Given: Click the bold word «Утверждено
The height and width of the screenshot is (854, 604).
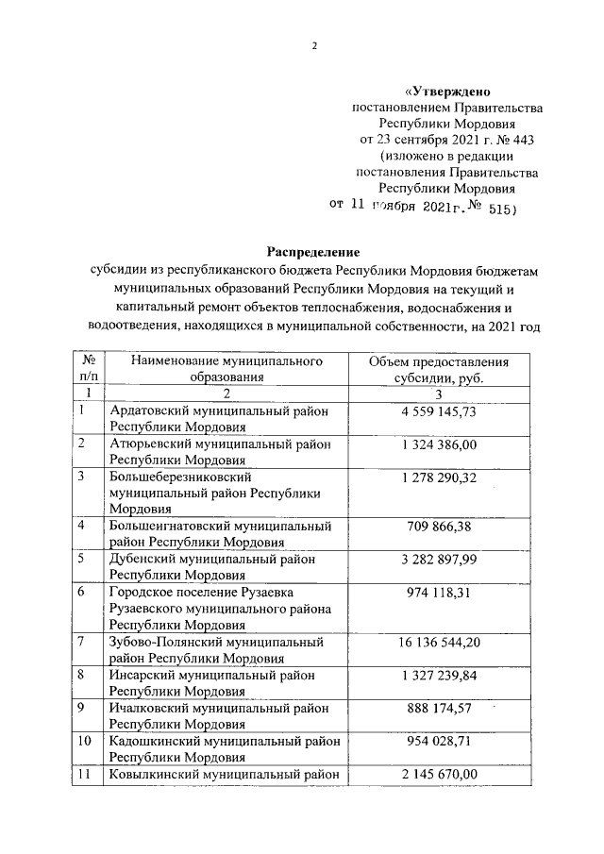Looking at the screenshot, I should pos(448,92).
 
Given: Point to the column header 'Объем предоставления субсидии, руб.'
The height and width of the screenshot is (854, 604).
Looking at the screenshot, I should pos(438,368).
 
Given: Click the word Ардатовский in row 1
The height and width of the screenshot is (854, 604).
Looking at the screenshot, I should pos(149,410).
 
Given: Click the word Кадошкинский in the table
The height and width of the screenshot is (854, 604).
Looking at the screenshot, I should pos(154,741).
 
